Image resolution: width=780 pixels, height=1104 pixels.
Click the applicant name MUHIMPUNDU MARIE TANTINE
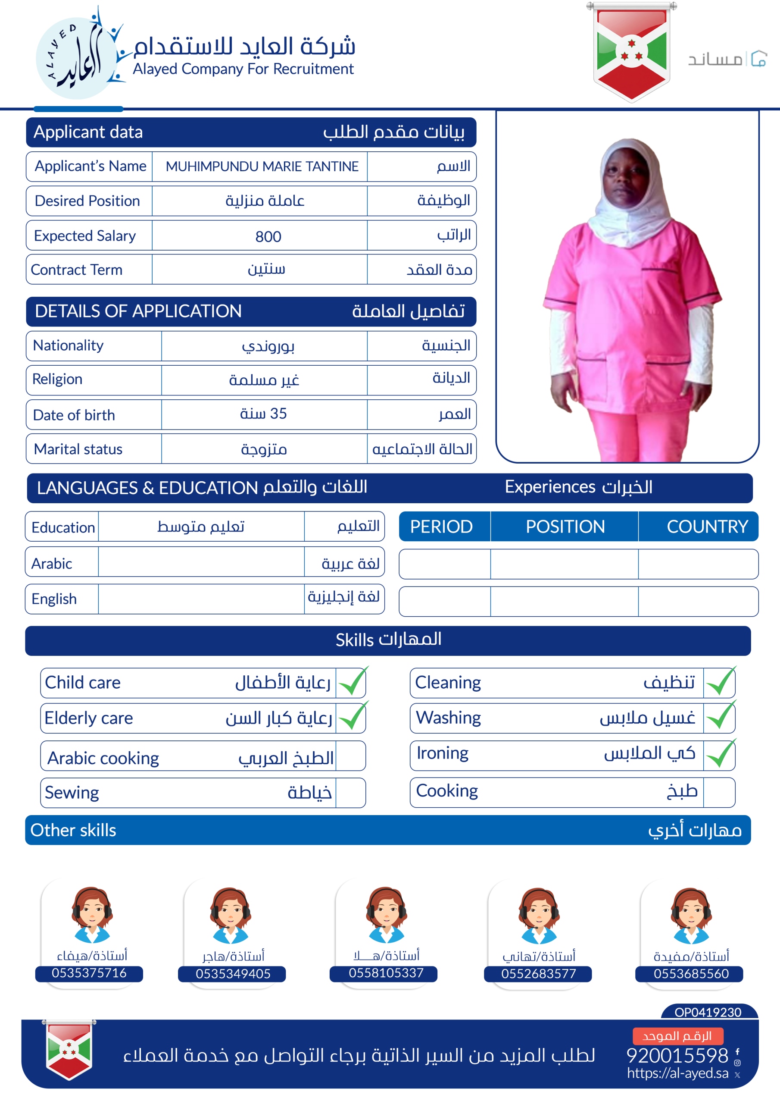[x=262, y=166]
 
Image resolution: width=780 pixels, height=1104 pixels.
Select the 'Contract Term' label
[x=77, y=270]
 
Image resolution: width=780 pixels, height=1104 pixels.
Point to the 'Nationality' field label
[x=68, y=345]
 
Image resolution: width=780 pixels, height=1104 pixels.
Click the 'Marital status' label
[x=78, y=449]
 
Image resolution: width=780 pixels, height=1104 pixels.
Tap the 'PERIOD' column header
[x=441, y=527]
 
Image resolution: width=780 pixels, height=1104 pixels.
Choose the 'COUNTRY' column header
[x=707, y=527]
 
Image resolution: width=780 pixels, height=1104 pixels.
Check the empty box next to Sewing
[x=350, y=792]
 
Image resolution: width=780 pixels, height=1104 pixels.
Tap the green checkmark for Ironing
[x=721, y=753]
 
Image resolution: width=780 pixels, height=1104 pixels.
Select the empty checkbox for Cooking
[x=718, y=791]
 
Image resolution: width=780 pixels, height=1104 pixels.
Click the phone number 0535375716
[x=89, y=973]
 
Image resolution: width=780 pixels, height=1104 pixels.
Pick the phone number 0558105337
[x=386, y=973]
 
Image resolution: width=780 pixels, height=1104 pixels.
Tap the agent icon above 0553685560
[x=691, y=916]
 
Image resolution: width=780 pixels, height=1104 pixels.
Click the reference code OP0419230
[x=708, y=1012]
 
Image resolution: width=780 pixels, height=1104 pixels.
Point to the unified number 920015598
[x=677, y=1055]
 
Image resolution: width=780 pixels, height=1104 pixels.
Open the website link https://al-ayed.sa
[x=677, y=1073]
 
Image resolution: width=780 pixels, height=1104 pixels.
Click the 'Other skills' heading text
[x=74, y=831]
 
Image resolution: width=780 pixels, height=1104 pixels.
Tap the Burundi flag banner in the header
[x=631, y=52]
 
